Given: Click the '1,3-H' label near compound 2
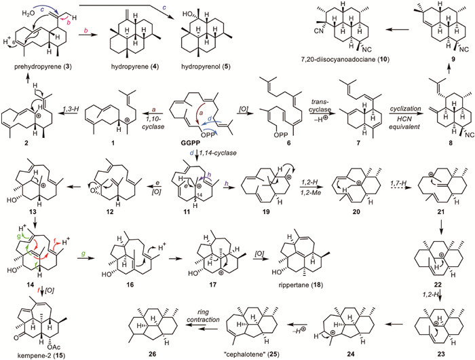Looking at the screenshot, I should (x=70, y=121).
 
